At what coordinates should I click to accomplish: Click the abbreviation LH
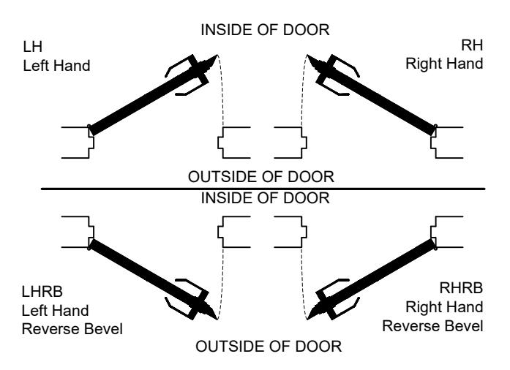[32, 47]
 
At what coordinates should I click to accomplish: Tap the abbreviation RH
[472, 45]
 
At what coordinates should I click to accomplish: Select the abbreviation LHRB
[42, 292]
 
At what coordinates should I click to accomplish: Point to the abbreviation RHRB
[461, 288]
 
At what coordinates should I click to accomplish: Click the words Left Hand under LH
[56, 66]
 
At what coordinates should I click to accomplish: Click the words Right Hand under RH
[444, 64]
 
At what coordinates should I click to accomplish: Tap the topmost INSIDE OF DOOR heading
[265, 30]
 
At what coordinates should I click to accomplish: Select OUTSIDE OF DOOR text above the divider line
[261, 177]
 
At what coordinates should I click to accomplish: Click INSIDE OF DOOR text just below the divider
[265, 198]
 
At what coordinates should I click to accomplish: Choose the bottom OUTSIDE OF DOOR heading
[269, 347]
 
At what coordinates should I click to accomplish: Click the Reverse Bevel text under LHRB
[72, 329]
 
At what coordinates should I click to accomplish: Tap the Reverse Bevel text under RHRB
[432, 326]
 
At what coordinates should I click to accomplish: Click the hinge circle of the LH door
[89, 127]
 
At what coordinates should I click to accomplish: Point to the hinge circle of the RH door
[435, 127]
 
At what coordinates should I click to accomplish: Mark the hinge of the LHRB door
[89, 248]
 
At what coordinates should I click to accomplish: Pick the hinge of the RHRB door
[435, 248]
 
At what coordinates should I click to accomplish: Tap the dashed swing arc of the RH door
[302, 91]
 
